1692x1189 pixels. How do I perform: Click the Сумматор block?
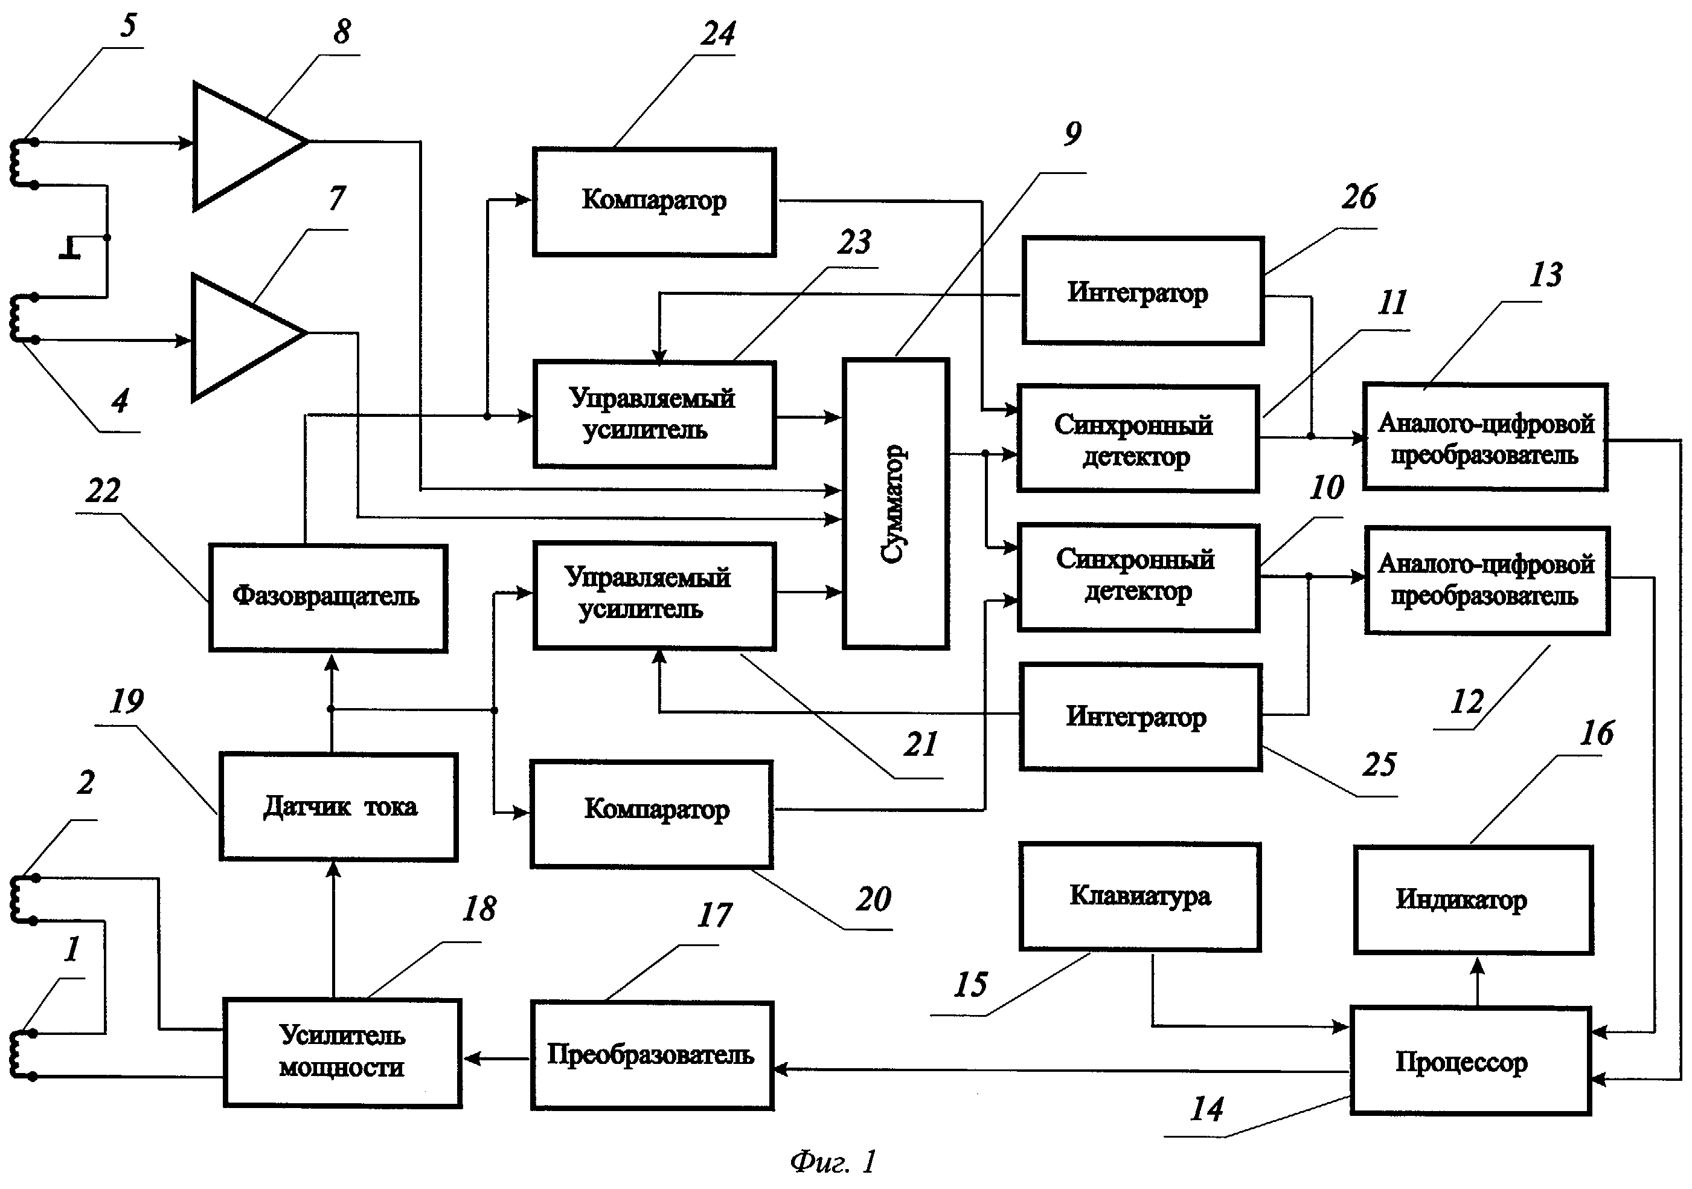tap(896, 503)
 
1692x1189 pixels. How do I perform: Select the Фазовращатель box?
tap(328, 597)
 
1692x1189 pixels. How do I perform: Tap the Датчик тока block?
tap(338, 807)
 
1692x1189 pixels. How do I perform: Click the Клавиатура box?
tap(1140, 897)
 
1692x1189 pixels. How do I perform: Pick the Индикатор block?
tap(1474, 900)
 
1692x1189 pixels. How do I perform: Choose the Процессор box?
tap(1471, 1061)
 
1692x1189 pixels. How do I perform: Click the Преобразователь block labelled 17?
tap(652, 1055)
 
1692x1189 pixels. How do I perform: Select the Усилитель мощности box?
tap(342, 1052)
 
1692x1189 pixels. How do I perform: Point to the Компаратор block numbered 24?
tap(653, 201)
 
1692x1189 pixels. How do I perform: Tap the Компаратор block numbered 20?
tap(652, 813)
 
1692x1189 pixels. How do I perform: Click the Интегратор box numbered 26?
tap(1143, 291)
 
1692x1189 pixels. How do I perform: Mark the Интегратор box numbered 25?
tap(1140, 717)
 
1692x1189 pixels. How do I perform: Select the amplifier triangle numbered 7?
tap(242, 337)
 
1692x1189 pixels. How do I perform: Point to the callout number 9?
tap(1073, 134)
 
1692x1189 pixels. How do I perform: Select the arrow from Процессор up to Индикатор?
tap(1477, 981)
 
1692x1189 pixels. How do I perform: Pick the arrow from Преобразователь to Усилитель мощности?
tap(496, 1058)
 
